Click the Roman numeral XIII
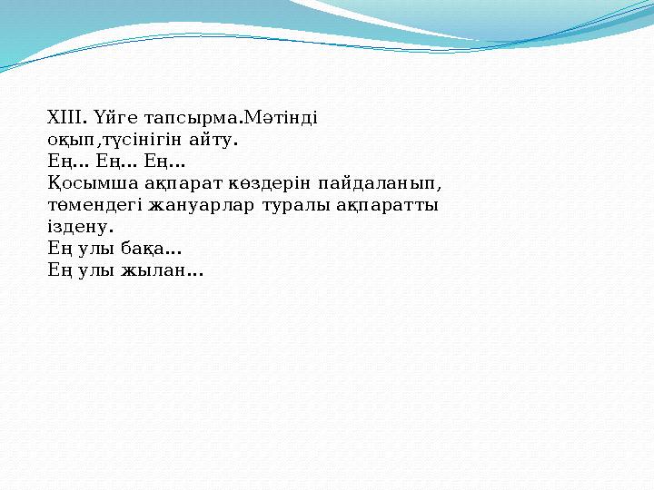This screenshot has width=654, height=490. click(x=64, y=118)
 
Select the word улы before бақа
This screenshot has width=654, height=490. click(x=94, y=250)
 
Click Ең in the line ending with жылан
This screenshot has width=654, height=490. click(x=56, y=270)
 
